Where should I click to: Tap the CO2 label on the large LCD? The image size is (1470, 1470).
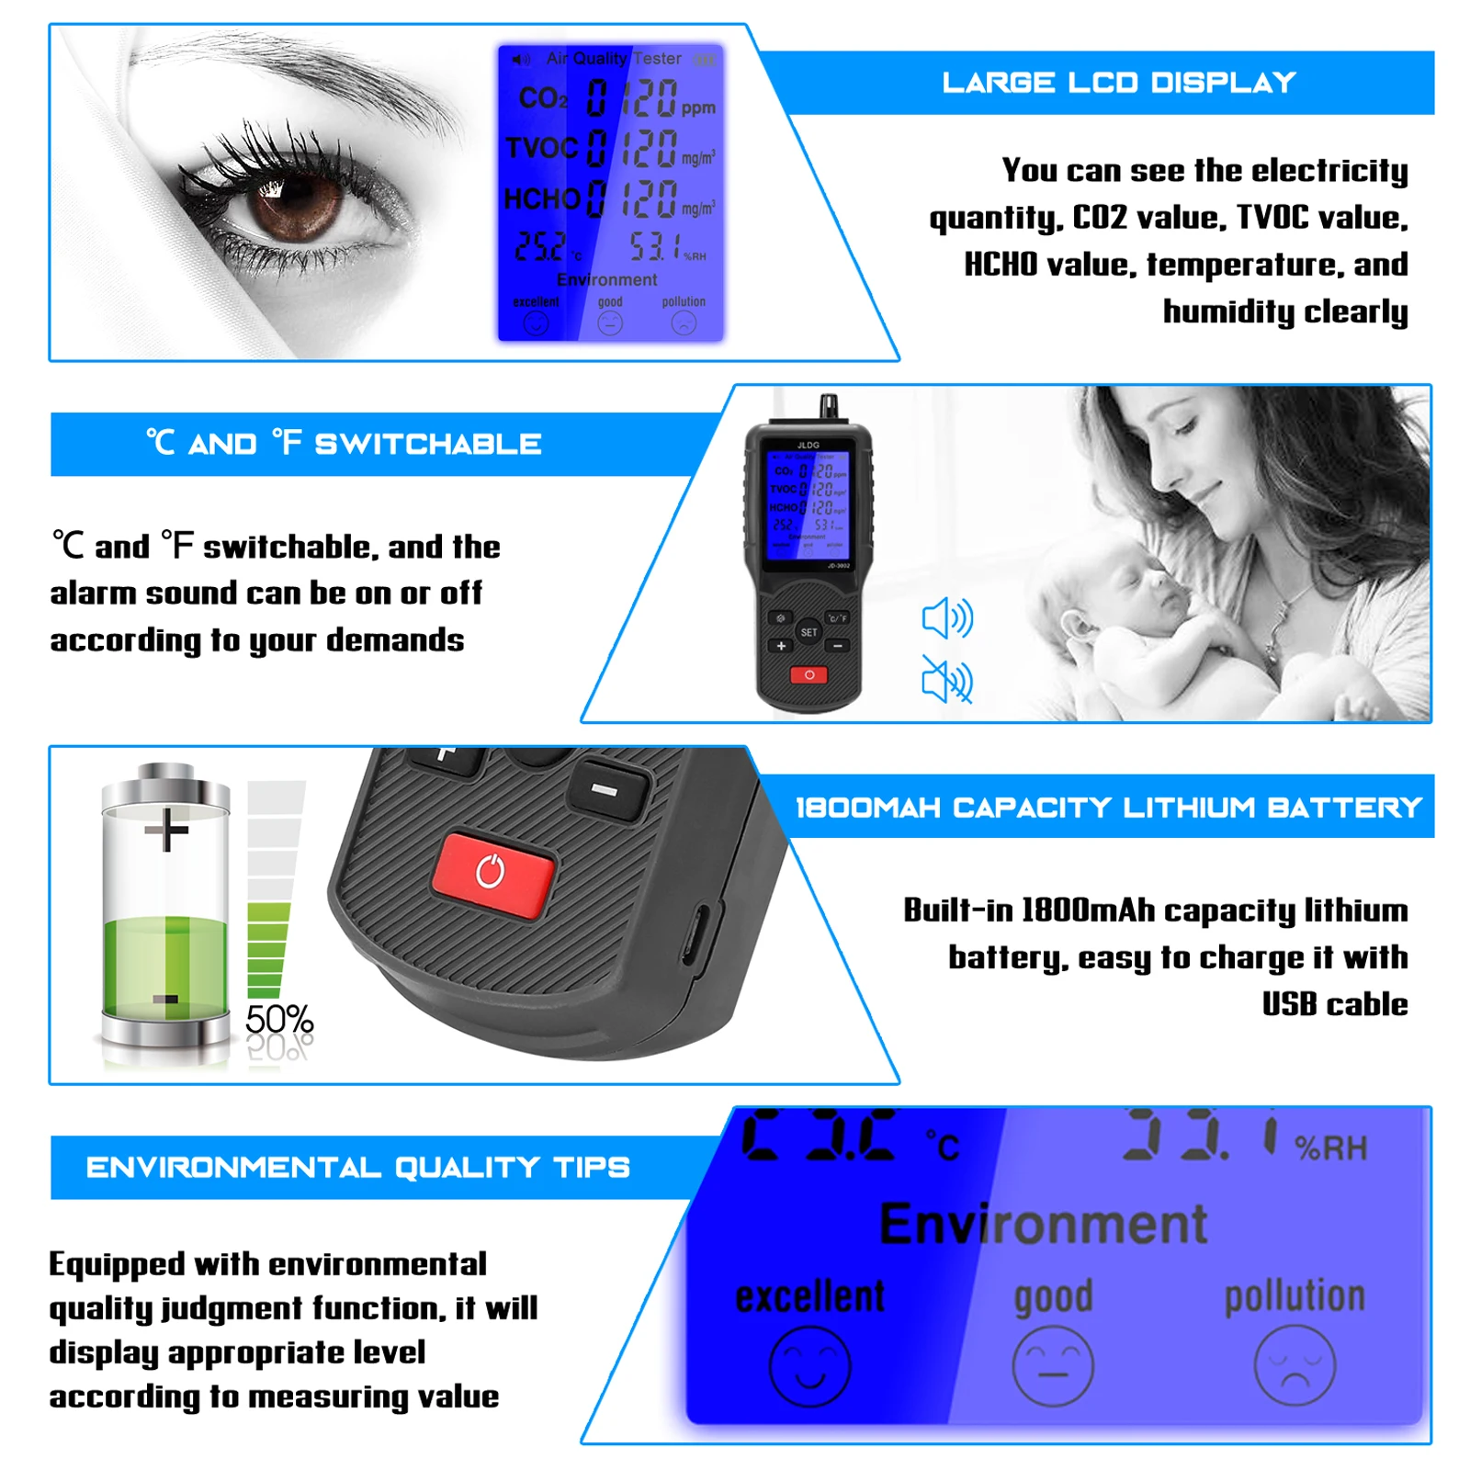point(543,98)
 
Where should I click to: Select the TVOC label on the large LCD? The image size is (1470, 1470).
point(541,148)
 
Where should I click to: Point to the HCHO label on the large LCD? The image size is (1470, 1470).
point(541,198)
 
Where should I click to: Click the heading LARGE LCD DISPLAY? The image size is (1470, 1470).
point(1118,83)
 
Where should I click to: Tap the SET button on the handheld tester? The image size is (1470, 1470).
point(808,632)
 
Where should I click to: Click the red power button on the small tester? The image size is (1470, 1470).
point(808,675)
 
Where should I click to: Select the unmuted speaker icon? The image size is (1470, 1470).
point(947,617)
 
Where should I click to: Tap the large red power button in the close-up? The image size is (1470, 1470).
point(493,873)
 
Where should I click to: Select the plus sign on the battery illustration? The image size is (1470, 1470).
point(166,831)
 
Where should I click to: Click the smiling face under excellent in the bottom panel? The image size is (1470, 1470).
point(809,1366)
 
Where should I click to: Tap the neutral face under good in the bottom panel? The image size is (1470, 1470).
point(1053,1366)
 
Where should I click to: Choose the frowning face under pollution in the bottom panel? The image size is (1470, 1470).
point(1295,1365)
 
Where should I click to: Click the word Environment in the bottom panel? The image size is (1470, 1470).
point(1043,1224)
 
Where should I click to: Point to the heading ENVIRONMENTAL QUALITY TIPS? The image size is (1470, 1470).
point(357,1168)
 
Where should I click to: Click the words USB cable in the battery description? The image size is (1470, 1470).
point(1334,1004)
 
